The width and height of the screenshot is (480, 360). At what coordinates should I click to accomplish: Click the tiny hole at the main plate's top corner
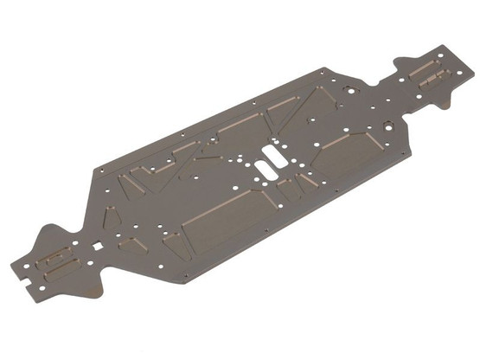coord(323,69)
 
